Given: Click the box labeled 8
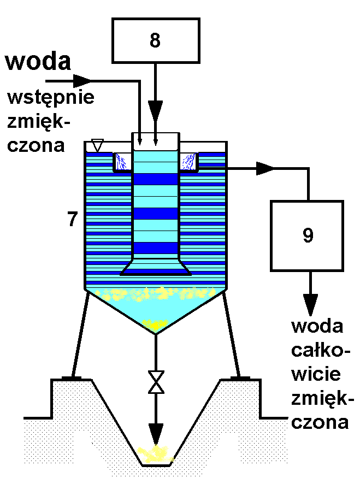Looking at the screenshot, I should [155, 40].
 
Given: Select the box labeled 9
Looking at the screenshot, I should [307, 235].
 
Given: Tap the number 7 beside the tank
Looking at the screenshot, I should [72, 219].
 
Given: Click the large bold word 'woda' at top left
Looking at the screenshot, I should [38, 61].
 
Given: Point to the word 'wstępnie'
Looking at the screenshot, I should [51, 98].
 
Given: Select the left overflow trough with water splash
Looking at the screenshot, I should [123, 162].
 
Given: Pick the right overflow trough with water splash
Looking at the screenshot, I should [189, 162].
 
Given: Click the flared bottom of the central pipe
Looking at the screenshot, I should [156, 268].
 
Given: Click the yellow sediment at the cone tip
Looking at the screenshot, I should [156, 326].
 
